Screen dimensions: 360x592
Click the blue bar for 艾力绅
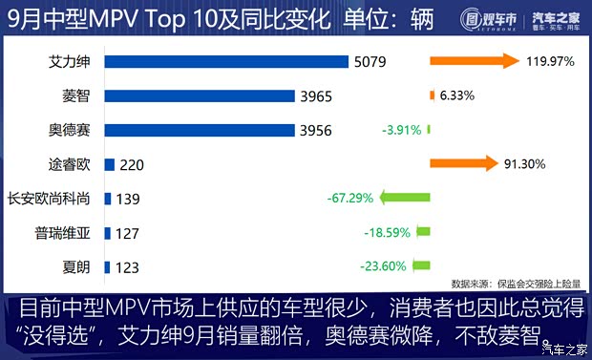point(225,62)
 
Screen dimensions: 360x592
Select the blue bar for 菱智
point(198,95)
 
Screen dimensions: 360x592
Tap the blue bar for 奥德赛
point(198,130)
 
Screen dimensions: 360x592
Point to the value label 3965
point(316,95)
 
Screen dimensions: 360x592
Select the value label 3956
point(316,130)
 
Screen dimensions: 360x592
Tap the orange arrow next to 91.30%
point(464,163)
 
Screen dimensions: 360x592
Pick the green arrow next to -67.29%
point(405,198)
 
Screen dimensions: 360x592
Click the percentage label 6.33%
point(457,95)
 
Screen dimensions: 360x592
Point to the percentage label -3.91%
point(401,130)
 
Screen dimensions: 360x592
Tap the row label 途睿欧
point(69,164)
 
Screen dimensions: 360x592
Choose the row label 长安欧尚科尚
point(49,199)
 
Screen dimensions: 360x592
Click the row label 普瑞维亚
point(62,232)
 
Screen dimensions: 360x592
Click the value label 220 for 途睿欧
point(132,165)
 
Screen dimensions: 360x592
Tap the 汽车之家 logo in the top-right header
point(557,18)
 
